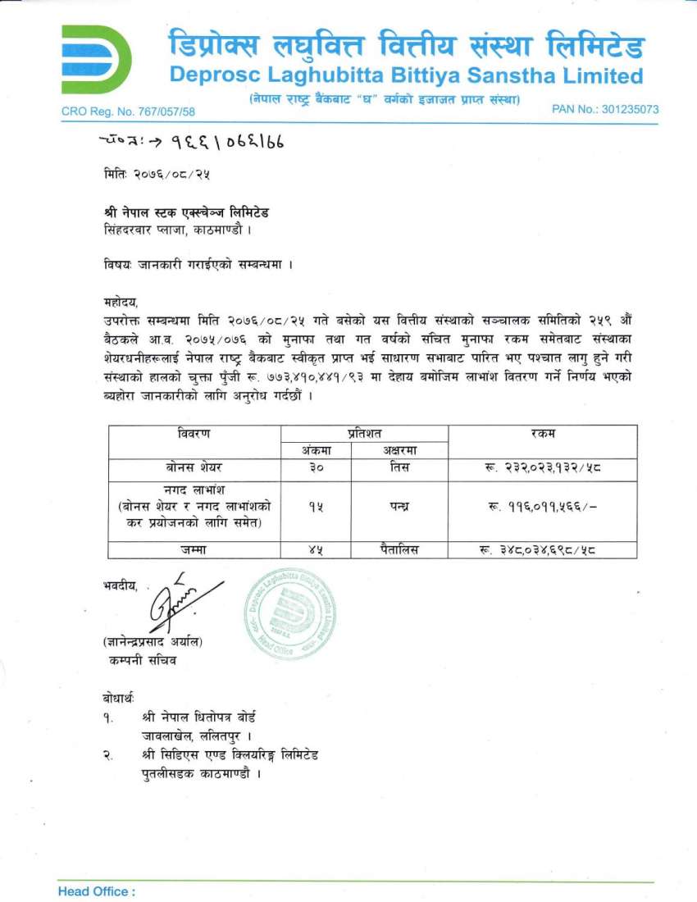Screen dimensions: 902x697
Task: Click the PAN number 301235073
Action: (x=605, y=109)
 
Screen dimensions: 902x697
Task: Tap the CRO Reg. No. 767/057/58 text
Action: (x=128, y=112)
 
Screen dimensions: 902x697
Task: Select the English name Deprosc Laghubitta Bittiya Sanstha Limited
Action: (x=406, y=76)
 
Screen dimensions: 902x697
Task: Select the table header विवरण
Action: (x=195, y=434)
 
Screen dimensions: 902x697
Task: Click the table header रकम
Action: (x=543, y=434)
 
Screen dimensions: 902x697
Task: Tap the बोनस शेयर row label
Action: (x=195, y=469)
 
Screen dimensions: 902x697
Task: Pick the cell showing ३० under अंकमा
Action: (x=317, y=469)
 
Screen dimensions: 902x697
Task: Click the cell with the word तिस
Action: (x=399, y=469)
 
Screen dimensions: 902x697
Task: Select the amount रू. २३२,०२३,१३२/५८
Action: (x=542, y=469)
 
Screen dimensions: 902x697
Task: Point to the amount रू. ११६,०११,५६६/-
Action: (x=542, y=507)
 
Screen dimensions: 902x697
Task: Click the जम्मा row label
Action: (x=195, y=549)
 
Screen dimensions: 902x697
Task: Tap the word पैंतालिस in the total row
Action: (x=399, y=549)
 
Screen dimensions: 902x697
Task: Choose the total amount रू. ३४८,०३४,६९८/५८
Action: (x=542, y=549)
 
